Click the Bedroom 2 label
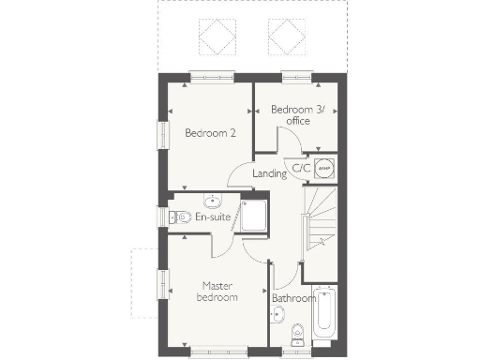210,133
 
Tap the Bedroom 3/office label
298,115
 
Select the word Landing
270,173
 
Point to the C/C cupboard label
301,168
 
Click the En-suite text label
213,217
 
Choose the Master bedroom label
217,291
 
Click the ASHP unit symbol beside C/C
324,168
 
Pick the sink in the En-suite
214,200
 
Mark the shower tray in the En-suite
254,216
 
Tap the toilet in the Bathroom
298,333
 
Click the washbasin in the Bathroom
277,315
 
